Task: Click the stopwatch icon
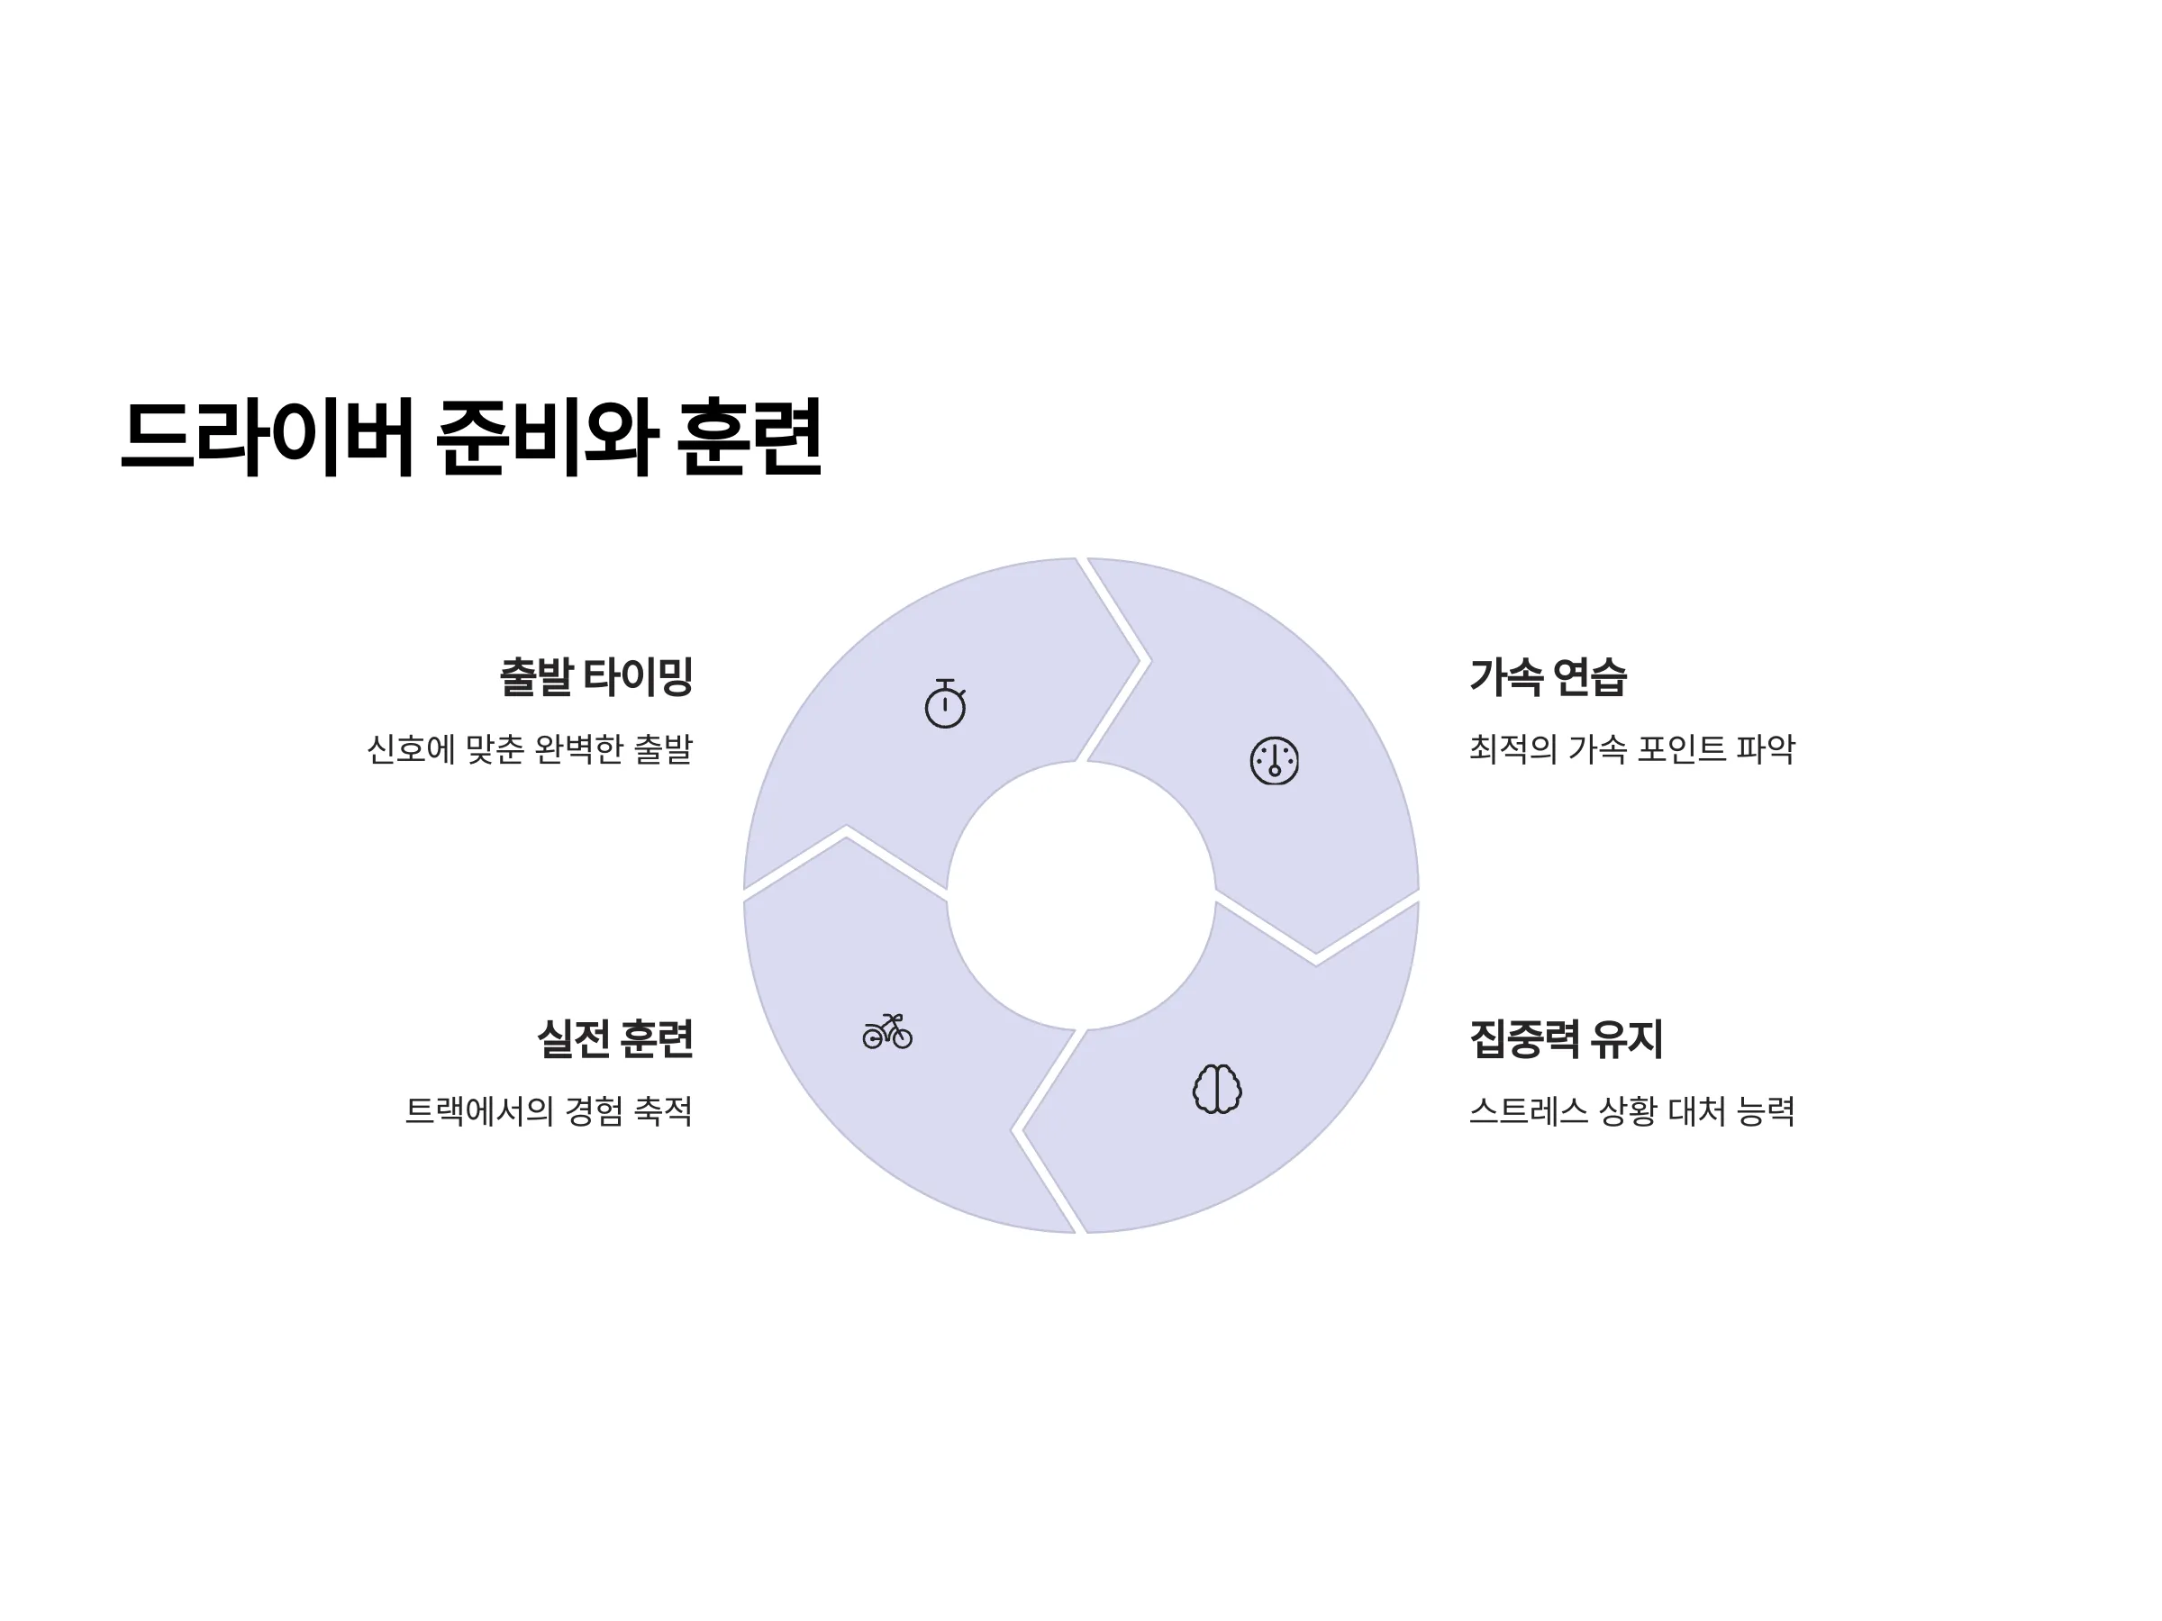click(945, 703)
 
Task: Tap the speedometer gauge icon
click(1275, 760)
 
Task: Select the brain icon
click(1217, 1089)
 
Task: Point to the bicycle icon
click(887, 1032)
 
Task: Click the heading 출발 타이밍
click(596, 676)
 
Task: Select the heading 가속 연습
click(1549, 676)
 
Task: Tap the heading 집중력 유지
click(1566, 1037)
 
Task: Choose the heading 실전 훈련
click(614, 1037)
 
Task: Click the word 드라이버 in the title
click(266, 436)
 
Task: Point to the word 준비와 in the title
click(545, 436)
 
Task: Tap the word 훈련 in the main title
click(749, 436)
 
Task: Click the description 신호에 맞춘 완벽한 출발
click(530, 749)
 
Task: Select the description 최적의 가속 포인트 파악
click(1632, 749)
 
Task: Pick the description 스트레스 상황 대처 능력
click(1632, 1111)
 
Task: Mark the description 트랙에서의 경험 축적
click(549, 1111)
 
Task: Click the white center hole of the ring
click(1081, 895)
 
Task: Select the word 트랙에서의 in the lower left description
click(479, 1111)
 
